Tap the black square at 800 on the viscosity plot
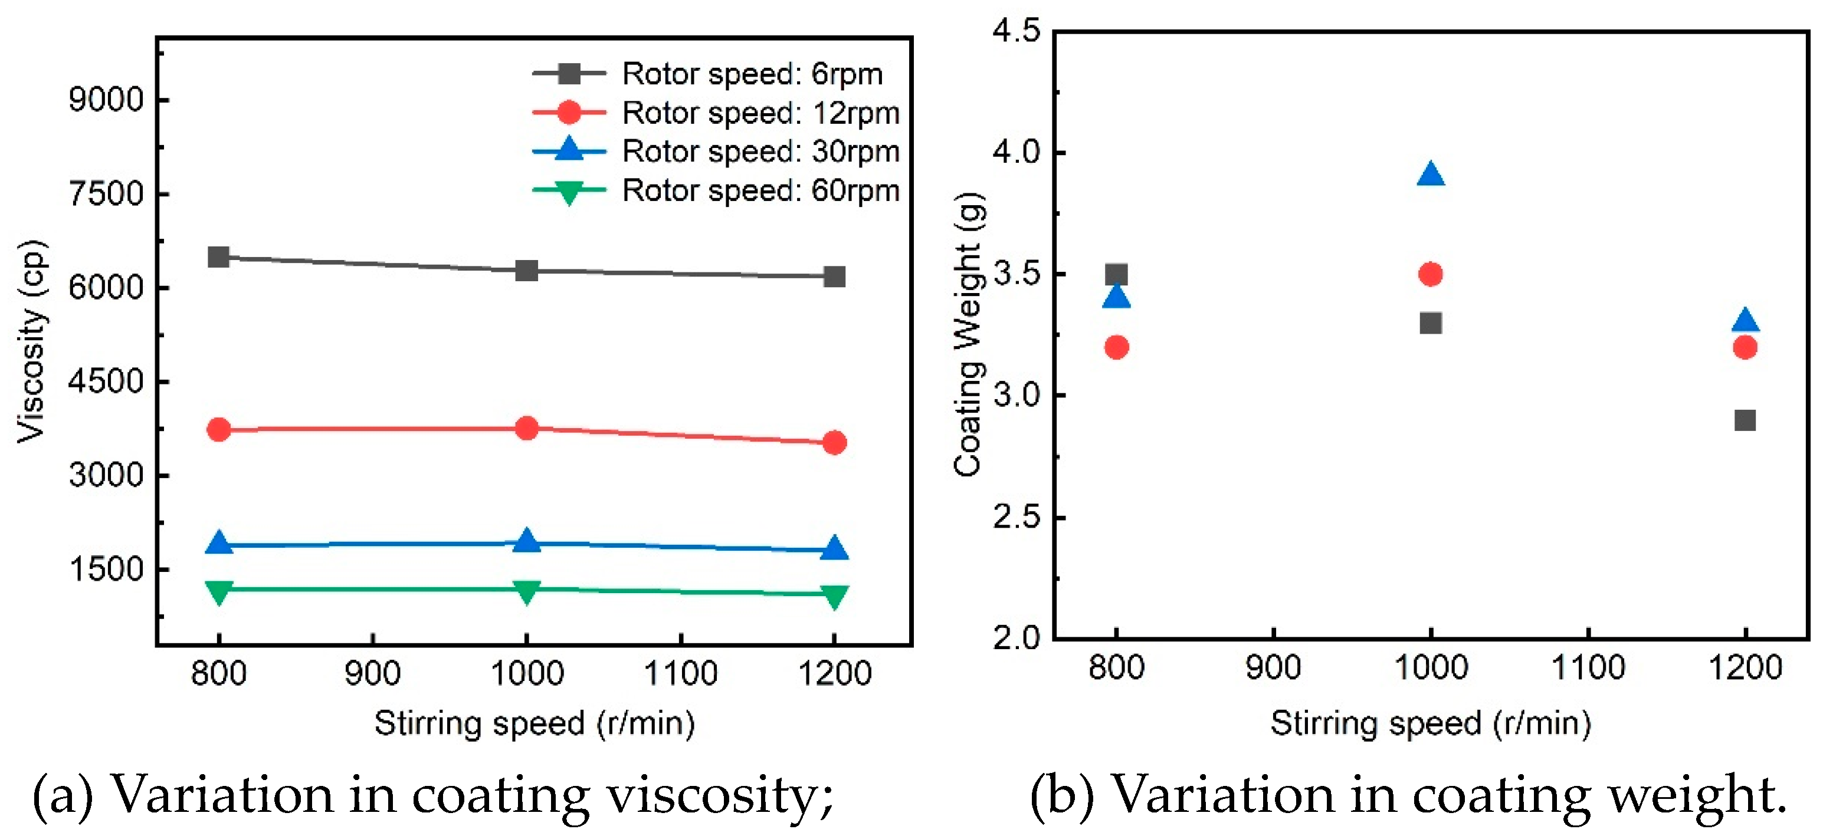coord(219,257)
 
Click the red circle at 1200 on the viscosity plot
coord(834,443)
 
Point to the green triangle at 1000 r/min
coord(526,591)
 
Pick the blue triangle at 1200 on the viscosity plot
coord(834,548)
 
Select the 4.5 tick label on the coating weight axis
coord(1017,32)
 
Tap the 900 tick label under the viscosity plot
coord(372,673)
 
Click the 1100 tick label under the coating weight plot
coord(1588,667)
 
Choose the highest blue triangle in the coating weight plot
coord(1431,174)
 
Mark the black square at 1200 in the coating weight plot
coord(1745,420)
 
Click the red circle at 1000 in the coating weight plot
coord(1431,274)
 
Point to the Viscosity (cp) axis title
coord(32,342)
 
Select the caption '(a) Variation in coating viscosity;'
coord(433,795)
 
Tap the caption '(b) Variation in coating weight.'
coord(1408,795)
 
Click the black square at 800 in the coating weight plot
coord(1116,275)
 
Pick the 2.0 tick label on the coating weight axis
coord(1017,638)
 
